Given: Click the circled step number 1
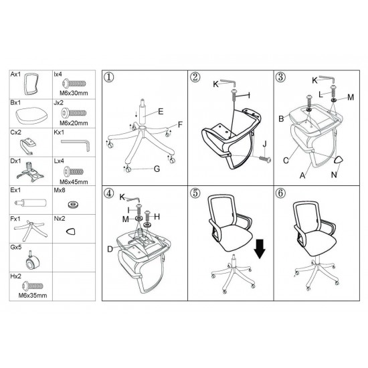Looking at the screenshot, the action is [x=108, y=77].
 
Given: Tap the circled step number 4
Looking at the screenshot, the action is [x=108, y=193].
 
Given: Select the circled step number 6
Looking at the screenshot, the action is [x=280, y=193].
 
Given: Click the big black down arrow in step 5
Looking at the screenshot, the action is [x=260, y=249].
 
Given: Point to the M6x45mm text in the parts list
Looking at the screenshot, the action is [x=74, y=182].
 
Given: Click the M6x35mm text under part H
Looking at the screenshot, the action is [x=33, y=296].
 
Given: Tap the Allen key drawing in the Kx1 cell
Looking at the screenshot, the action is [x=76, y=145].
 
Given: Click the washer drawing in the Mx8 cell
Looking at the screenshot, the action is [x=73, y=205].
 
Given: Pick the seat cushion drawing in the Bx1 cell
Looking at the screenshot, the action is [x=31, y=116].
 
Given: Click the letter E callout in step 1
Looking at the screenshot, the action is [x=161, y=111].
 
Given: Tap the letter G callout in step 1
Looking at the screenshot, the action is [x=157, y=169].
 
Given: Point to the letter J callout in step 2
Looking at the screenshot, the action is [x=265, y=144].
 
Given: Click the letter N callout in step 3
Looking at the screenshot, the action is [x=334, y=175].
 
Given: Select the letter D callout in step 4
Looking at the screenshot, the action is [x=110, y=249].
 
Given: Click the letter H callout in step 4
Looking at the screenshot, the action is [x=157, y=217].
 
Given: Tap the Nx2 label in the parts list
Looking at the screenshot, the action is [x=60, y=219].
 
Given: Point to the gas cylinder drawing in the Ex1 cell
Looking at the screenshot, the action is [x=31, y=202].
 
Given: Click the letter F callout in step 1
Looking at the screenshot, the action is [x=180, y=124].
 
